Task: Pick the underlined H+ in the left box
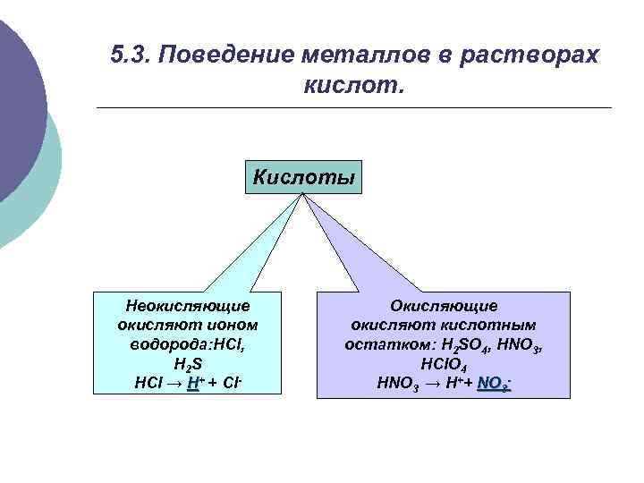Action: click(x=194, y=383)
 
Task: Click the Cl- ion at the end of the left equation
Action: click(x=230, y=383)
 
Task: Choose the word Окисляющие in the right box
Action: click(x=444, y=306)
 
